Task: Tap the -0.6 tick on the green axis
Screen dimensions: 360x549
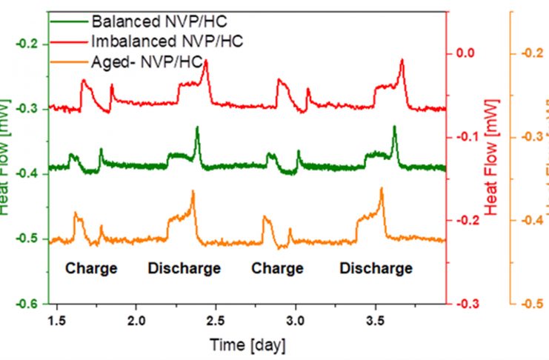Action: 27,304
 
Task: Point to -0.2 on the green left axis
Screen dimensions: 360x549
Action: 27,44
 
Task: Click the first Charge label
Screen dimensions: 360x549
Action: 92,268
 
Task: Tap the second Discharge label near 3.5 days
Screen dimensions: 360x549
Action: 376,268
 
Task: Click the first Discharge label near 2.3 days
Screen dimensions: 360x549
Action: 184,268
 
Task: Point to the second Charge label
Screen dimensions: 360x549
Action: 278,268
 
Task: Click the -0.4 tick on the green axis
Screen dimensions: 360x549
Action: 27,173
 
